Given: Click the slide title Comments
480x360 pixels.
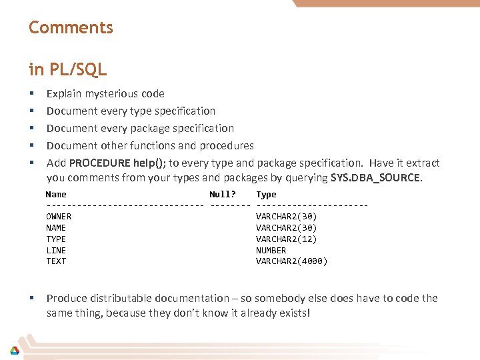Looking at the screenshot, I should coord(71,28).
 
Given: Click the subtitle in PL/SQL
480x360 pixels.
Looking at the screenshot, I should coord(67,69).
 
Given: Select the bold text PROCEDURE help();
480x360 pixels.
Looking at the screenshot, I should coord(117,163).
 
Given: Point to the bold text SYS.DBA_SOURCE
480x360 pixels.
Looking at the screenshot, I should coord(375,178).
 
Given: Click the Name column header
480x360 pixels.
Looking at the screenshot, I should coord(56,195).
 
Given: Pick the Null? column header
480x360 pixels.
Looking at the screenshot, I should coord(223,195).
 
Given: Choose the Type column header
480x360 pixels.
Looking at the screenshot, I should coord(266,195).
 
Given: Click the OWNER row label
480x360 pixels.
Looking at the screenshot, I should coord(59,217).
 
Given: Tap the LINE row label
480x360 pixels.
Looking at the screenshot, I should coord(56,250).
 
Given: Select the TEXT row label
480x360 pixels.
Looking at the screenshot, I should coord(56,261).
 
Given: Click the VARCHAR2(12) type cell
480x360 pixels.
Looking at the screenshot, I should coord(287,239).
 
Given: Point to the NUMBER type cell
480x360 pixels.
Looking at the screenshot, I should coord(271,250).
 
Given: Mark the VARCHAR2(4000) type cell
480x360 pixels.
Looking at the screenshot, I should coord(291,261).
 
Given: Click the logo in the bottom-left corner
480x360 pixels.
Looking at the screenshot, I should coord(14,350).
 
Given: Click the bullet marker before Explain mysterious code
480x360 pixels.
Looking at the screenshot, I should coord(31,94).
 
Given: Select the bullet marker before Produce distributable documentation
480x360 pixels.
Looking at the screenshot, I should coord(31,299).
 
